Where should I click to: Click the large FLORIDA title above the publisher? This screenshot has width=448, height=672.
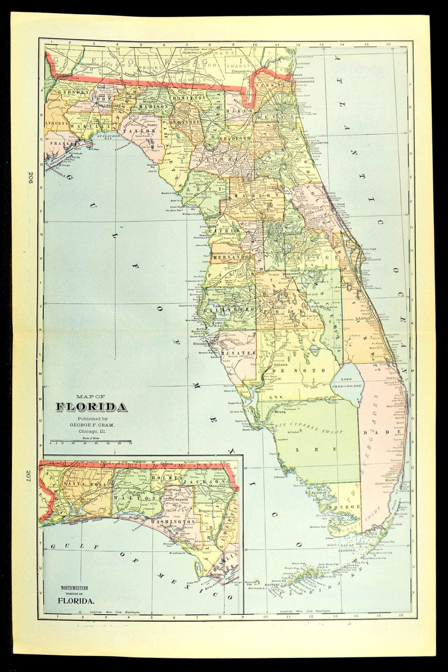click(91, 407)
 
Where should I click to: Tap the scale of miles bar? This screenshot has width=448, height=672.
click(90, 441)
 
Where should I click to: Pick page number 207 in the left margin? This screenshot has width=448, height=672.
click(32, 474)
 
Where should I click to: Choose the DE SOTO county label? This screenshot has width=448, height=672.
click(305, 370)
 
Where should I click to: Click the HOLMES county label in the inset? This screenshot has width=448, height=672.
click(164, 478)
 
